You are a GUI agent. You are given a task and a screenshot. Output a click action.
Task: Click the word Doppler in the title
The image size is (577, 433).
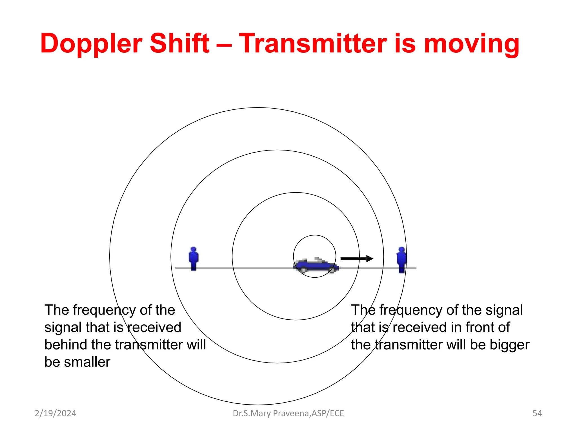91,44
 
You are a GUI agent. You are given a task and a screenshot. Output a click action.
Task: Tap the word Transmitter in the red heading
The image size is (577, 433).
313,43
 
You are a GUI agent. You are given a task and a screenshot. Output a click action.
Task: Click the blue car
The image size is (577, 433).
316,265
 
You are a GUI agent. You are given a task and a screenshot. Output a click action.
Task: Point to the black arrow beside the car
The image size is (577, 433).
356,259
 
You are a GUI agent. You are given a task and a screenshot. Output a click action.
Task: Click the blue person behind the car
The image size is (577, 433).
193,259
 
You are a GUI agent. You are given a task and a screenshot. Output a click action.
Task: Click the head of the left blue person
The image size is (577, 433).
193,249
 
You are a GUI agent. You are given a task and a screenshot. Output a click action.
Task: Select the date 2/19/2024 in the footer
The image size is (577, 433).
55,413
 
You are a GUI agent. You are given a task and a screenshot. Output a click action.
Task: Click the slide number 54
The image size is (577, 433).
537,413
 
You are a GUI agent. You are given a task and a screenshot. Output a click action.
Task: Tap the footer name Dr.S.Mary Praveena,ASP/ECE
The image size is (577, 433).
288,413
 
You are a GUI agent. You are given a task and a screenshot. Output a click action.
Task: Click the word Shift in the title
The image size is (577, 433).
179,43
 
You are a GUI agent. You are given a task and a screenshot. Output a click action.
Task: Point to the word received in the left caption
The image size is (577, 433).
154,327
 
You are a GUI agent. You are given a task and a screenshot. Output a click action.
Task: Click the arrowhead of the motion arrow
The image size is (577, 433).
370,259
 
